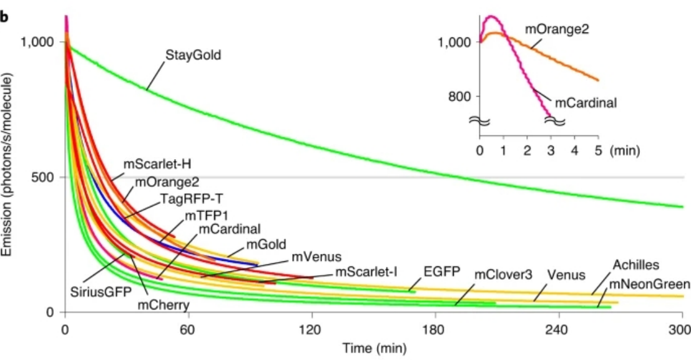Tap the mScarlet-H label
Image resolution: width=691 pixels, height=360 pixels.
coord(157,165)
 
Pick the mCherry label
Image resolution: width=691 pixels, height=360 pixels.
coord(164,305)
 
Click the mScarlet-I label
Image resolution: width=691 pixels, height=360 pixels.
coord(366,271)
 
